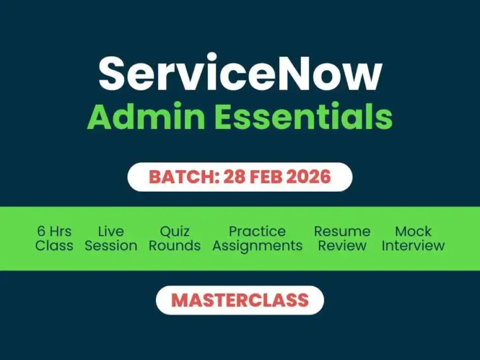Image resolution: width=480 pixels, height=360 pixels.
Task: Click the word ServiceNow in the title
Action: pos(240,74)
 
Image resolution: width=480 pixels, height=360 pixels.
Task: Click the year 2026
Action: pos(309,177)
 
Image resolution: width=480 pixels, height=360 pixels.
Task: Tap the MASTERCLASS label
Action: pos(240,300)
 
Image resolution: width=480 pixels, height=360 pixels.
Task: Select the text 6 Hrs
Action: pos(54,231)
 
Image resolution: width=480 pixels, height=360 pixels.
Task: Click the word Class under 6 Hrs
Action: pos(54,246)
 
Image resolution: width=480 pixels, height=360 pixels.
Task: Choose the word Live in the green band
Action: pos(111,231)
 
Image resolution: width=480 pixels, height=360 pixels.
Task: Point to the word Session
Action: pos(111,246)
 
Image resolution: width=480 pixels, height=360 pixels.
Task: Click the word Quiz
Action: pos(175,231)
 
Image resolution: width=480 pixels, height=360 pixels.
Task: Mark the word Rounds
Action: pos(175,246)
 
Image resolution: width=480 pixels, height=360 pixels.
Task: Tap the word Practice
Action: pos(257,231)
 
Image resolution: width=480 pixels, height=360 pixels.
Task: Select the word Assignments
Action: pos(257,246)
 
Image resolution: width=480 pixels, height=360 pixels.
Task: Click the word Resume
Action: pos(342,231)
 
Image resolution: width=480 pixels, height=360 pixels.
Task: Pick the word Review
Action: pos(342,246)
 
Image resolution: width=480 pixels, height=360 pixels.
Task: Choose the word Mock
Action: pos(413,231)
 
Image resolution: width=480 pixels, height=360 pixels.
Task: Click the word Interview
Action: pos(413,246)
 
